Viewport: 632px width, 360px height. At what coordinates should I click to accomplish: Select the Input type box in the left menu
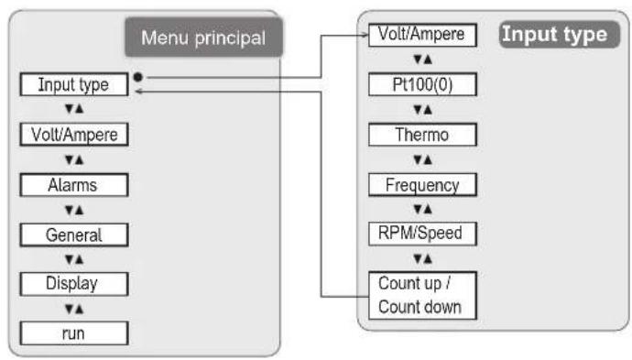pos(73,85)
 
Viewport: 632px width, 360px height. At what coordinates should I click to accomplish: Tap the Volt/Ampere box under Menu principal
pos(73,135)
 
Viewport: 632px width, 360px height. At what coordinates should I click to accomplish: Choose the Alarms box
pos(73,184)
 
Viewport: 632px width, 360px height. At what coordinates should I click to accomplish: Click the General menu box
pos(73,235)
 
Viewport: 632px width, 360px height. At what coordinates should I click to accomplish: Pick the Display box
pos(73,283)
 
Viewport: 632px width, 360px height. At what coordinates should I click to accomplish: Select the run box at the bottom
pos(73,333)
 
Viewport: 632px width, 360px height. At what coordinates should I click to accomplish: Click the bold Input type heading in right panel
pos(553,36)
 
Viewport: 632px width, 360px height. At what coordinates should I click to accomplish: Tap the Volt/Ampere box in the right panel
pos(422,36)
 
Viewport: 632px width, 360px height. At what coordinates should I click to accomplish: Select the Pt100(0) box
pos(422,85)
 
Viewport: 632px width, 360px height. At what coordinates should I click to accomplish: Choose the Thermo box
pos(422,135)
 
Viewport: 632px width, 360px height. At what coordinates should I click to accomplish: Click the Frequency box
pos(422,184)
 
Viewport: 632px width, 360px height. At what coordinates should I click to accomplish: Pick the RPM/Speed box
pos(422,234)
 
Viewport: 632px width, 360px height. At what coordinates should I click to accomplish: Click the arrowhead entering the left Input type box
pos(137,91)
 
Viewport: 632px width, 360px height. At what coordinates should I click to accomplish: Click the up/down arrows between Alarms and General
pos(73,210)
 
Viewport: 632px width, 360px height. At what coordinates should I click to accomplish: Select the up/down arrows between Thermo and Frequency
pos(422,159)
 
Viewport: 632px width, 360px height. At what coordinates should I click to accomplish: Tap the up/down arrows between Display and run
pos(73,309)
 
